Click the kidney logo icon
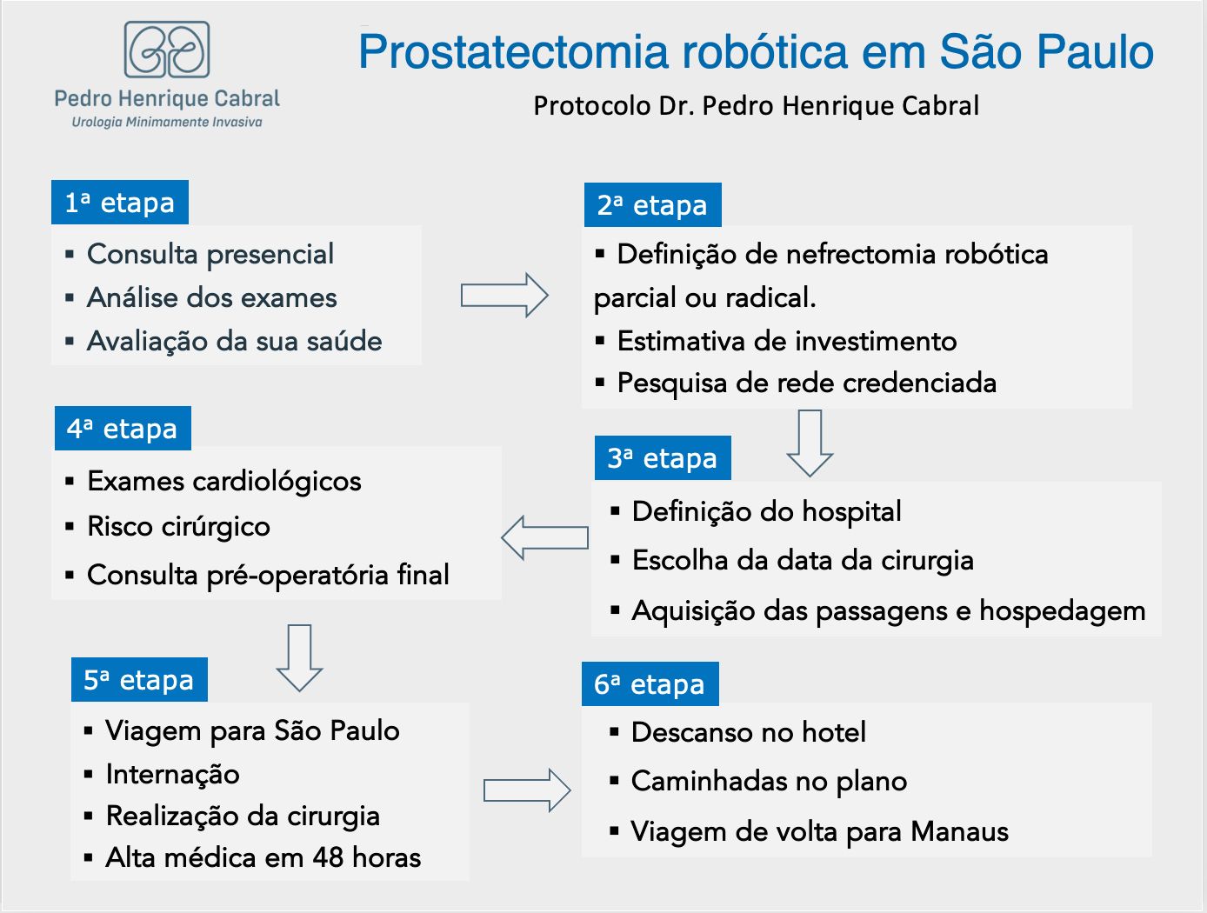167,50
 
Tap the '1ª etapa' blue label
120,203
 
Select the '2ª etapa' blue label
653,205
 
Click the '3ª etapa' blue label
663,458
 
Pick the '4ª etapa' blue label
123,428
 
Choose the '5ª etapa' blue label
139,679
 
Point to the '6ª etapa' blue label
650,683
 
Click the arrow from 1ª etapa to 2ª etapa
504,295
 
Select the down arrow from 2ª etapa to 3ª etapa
810,443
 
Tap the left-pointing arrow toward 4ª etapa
545,537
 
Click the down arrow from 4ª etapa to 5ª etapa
299,658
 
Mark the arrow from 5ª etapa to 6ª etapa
527,790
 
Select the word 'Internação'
173,775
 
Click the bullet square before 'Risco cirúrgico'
70,527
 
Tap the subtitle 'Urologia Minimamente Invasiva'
167,122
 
